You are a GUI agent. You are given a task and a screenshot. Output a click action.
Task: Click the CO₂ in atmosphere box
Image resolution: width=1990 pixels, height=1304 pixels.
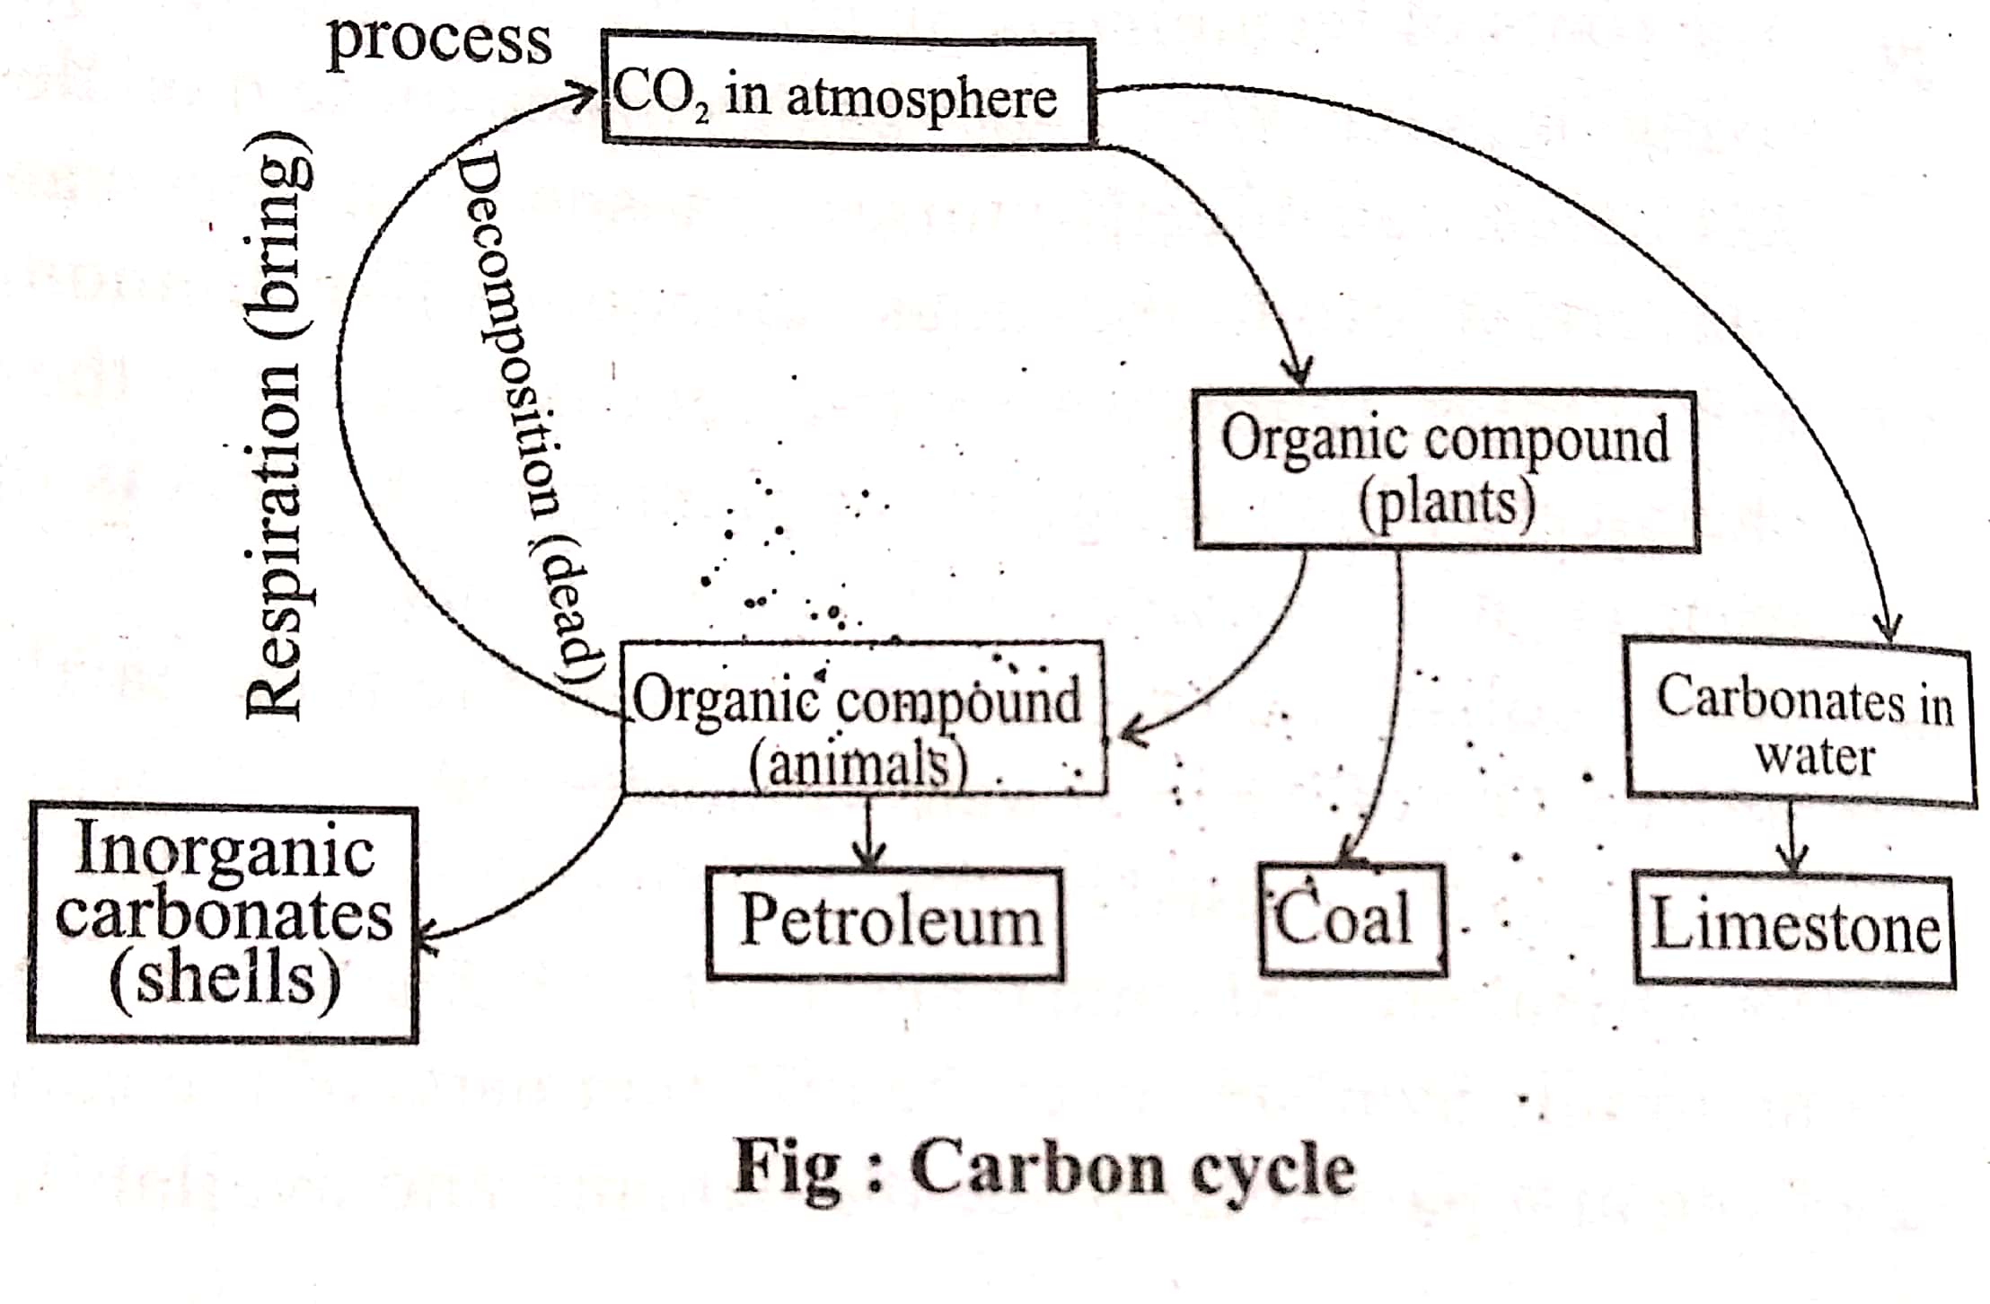pyautogui.click(x=848, y=92)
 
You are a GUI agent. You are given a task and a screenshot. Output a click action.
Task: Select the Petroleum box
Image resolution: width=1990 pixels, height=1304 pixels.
pyautogui.click(x=885, y=922)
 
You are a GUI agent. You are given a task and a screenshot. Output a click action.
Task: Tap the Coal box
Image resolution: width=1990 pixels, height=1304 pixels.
pyautogui.click(x=1352, y=920)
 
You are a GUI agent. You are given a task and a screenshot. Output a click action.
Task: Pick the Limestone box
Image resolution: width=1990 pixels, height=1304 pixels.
pyautogui.click(x=1793, y=929)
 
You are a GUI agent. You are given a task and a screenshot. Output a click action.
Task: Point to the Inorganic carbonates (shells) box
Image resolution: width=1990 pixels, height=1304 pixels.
pyautogui.click(x=223, y=924)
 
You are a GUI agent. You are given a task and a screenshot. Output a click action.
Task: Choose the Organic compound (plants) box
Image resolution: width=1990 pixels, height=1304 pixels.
pyautogui.click(x=1445, y=470)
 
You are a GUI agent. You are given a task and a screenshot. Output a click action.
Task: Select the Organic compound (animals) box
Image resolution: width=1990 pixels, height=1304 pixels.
pyautogui.click(x=863, y=719)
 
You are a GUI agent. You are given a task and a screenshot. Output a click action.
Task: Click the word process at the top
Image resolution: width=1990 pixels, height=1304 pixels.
pyautogui.click(x=439, y=40)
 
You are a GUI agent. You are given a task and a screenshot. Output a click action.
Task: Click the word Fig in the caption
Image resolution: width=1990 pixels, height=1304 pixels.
pyautogui.click(x=788, y=1167)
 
